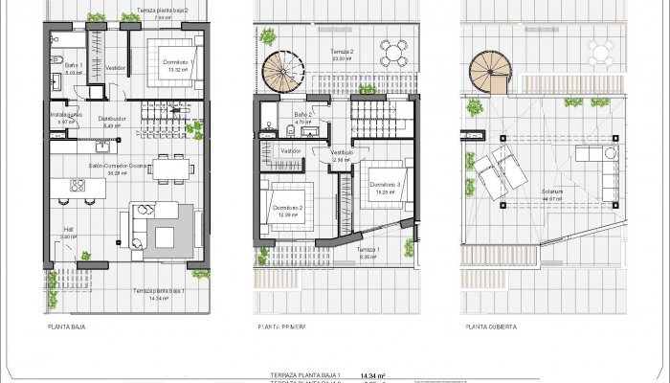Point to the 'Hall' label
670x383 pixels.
[68, 230]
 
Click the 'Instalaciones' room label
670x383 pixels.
[66, 115]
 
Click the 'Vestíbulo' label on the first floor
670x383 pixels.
[342, 152]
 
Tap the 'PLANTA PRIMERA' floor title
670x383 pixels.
[282, 327]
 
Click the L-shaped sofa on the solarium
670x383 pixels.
[601, 172]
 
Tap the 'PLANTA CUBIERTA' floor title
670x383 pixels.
[491, 327]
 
